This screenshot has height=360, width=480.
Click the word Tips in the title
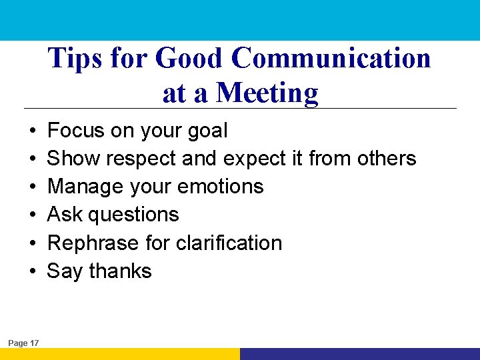click(x=71, y=59)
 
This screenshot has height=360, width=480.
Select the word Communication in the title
click(x=331, y=59)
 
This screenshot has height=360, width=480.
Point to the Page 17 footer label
click(x=23, y=343)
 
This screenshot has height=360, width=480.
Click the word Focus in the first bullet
click(x=77, y=131)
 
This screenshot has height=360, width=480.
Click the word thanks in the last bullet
click(x=121, y=271)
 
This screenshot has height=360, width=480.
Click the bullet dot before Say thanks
click(x=32, y=272)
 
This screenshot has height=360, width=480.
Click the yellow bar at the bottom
click(x=120, y=354)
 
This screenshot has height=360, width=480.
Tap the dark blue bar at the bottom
click(x=360, y=354)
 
